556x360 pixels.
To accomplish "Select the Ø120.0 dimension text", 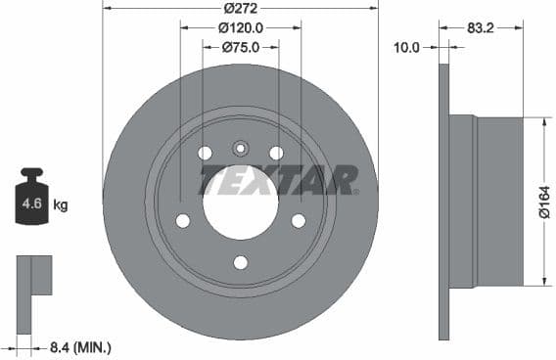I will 240,27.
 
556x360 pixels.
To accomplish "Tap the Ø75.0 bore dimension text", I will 240,47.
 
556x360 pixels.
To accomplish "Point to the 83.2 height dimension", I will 480,29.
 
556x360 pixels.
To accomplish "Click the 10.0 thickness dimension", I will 405,47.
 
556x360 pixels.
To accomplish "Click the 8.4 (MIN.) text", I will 79,346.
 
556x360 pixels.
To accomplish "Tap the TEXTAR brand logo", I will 278,180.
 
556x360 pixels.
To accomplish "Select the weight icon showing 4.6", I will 31,200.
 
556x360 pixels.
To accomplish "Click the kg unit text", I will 61,205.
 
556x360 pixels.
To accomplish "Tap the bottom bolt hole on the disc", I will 240,261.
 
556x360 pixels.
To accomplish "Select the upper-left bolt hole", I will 205,154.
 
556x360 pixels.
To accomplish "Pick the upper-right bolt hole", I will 276,154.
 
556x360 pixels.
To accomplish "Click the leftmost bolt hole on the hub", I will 183,221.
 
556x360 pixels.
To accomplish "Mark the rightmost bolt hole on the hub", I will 298,221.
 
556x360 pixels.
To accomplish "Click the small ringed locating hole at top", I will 240,149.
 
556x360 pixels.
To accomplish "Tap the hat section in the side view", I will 498,201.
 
